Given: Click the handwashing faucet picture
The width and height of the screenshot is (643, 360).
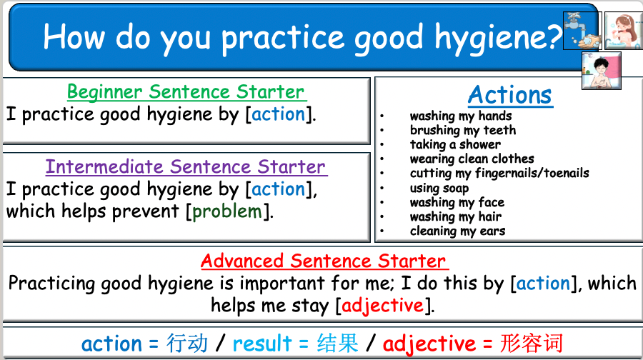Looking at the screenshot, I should (582, 31).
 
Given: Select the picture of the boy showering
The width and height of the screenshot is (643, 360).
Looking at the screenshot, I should (601, 71).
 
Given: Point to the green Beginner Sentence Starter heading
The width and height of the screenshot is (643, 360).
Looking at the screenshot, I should (186, 92).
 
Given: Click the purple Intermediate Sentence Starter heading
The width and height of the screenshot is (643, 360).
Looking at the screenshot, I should (186, 167).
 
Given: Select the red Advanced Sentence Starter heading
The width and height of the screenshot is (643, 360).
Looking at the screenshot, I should (323, 261).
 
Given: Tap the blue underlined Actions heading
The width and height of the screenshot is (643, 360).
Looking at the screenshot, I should (510, 95).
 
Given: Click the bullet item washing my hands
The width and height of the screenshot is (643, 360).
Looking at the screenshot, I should (461, 116).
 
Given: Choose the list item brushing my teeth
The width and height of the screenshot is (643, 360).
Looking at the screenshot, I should (462, 130).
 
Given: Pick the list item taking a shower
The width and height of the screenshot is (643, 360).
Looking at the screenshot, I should (455, 144).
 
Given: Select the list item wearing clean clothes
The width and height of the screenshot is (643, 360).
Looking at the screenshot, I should (472, 159).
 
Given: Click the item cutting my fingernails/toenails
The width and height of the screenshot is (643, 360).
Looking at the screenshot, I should (499, 173).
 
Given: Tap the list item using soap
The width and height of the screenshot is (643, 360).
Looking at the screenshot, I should (439, 188).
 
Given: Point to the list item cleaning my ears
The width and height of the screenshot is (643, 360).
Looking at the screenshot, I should (457, 231).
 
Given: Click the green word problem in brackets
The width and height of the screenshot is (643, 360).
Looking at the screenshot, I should (227, 211).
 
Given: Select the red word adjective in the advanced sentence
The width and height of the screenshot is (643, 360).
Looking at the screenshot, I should (382, 306).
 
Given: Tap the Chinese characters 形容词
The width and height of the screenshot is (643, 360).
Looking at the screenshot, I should (532, 343).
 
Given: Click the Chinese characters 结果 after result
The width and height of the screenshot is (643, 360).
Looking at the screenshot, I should (337, 343).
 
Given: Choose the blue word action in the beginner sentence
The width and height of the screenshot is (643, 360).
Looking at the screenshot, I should (279, 114).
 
